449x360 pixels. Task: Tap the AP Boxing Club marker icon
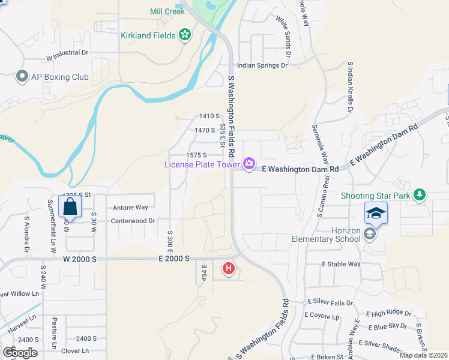[22, 77]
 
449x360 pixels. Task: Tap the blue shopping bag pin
[70, 208]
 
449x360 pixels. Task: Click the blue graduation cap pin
[375, 213]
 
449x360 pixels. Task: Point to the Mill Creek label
[167, 11]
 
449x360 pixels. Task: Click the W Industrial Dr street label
[67, 53]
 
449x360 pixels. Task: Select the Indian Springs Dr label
[262, 66]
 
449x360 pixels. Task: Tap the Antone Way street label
[130, 208]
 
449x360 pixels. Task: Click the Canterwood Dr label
[133, 221]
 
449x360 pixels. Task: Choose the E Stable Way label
[341, 264]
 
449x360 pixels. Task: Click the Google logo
[20, 352]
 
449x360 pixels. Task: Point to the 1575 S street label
[196, 155]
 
